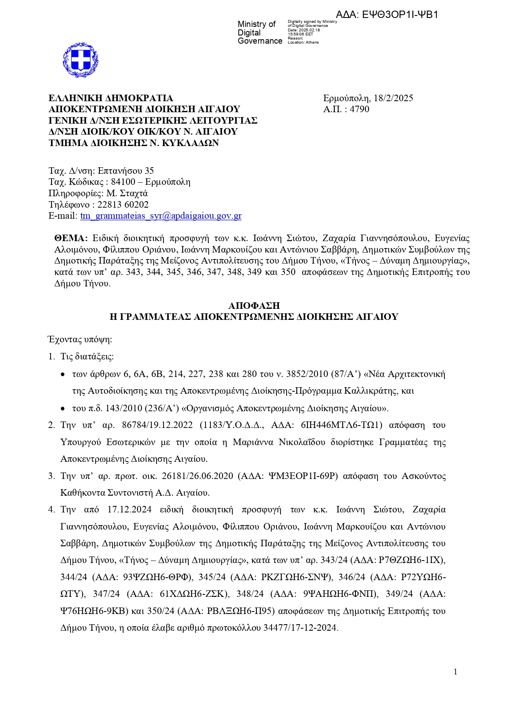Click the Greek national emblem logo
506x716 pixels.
81,60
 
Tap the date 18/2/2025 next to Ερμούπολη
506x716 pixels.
393,98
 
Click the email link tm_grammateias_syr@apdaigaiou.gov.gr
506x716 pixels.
161,216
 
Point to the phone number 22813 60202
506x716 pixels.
123,205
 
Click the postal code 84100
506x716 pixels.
123,182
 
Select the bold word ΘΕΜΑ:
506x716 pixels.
71,238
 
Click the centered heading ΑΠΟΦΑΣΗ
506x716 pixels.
254,306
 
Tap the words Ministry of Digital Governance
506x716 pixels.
259,33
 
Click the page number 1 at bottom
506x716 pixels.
455,672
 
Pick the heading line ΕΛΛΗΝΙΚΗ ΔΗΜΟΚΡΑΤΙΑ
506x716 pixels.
111,98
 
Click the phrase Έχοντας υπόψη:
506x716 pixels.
80,339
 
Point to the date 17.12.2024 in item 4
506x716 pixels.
129,510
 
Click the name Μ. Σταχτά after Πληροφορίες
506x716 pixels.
127,193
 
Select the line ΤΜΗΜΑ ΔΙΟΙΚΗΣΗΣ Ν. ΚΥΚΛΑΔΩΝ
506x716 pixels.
134,143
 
